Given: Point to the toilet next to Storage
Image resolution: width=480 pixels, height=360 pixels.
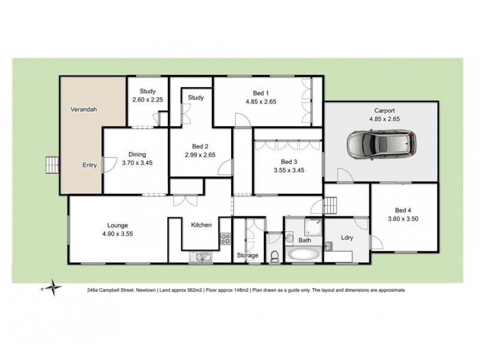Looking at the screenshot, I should tap(275, 256).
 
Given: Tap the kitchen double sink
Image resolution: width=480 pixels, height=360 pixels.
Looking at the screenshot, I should tap(199, 258).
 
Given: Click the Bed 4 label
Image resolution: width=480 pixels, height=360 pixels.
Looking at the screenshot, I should tap(403, 210).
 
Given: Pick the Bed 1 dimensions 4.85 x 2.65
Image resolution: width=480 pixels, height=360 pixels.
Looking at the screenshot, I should tap(261, 102).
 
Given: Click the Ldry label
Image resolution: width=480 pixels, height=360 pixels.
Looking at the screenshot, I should tap(346, 238).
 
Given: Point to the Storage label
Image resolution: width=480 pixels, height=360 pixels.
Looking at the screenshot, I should tap(248, 256).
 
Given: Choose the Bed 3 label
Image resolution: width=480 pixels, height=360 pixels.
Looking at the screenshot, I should tap(289, 162).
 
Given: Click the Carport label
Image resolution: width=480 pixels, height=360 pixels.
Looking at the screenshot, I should tap(385, 110).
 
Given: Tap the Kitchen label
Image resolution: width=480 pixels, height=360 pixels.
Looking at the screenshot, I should tap(201, 225).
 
